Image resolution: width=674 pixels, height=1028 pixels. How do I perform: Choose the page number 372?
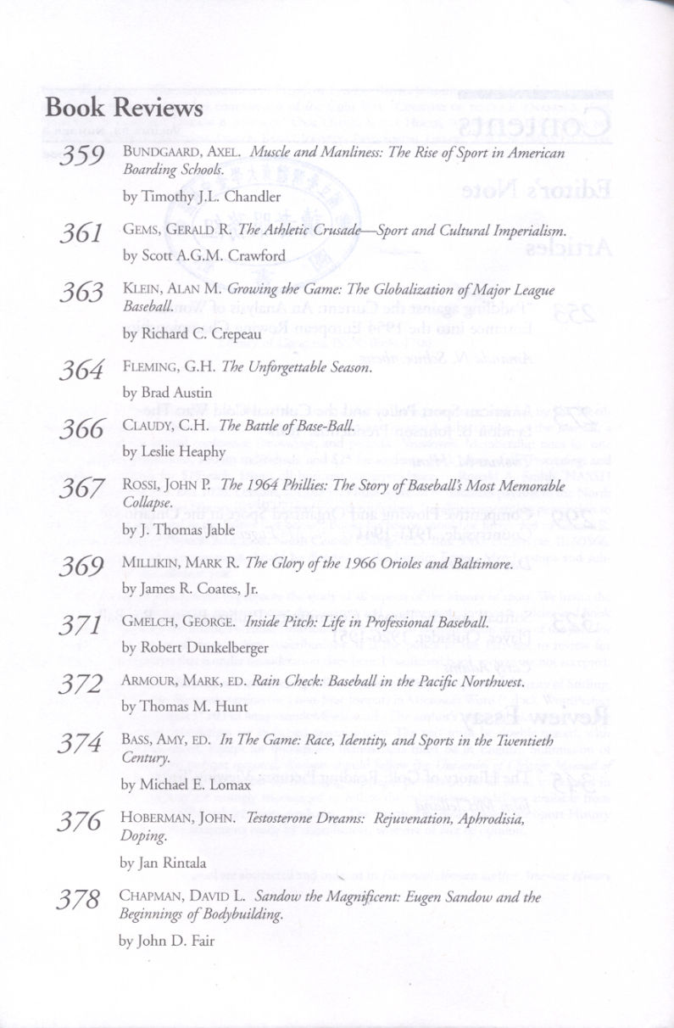(81, 684)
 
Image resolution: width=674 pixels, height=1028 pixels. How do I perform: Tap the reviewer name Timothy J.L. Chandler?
(201, 198)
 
